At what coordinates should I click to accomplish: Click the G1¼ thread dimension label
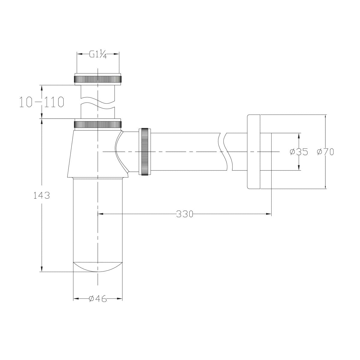coord(98,55)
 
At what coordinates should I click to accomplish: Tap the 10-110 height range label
coord(42,102)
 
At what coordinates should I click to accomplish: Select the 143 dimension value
coord(42,195)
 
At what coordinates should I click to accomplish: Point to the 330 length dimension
coord(184,214)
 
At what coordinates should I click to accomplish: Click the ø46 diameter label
coord(98,299)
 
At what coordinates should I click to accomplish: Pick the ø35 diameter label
coord(299,152)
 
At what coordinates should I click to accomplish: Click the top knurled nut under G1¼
coord(98,79)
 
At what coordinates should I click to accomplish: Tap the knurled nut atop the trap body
coord(98,124)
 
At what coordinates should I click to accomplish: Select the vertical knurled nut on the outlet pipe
coord(145,151)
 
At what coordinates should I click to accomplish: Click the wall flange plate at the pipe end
coord(253,152)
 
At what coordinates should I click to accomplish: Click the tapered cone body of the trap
coord(90,153)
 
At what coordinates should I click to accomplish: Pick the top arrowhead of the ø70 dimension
coord(325,117)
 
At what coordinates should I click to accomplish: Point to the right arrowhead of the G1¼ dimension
coord(116,54)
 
